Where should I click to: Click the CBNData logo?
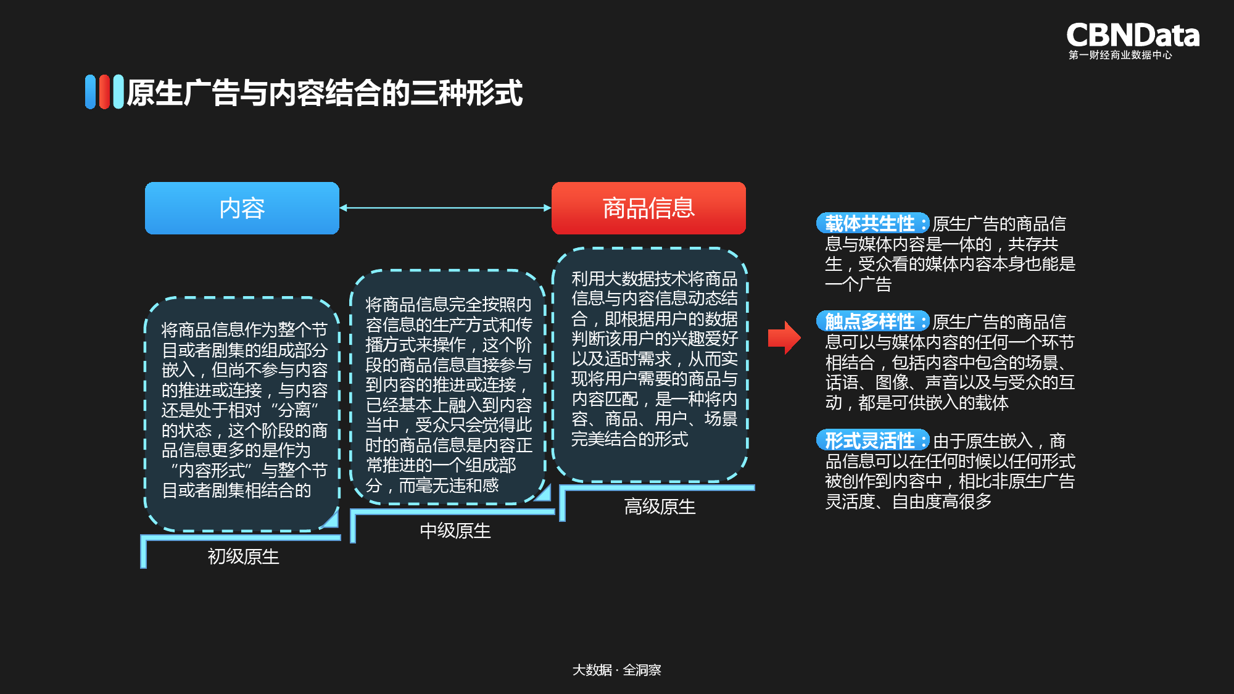[1132, 35]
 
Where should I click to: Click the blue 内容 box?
[242, 208]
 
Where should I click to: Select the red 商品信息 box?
[648, 208]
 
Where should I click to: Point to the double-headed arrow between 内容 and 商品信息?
[445, 208]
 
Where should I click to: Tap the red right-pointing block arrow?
[784, 337]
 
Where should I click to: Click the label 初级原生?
[243, 556]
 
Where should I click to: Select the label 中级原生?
[455, 531]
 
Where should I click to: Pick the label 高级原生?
[660, 506]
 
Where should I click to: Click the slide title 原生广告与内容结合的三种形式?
[325, 93]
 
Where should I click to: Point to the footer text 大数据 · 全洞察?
[616, 669]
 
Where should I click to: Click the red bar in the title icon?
[104, 92]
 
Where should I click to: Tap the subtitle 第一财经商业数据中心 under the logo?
[1120, 55]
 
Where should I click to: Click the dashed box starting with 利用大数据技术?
[650, 364]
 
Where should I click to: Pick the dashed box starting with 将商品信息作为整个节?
[242, 413]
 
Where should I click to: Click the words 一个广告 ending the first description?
[858, 284]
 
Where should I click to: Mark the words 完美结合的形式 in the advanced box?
[629, 439]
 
